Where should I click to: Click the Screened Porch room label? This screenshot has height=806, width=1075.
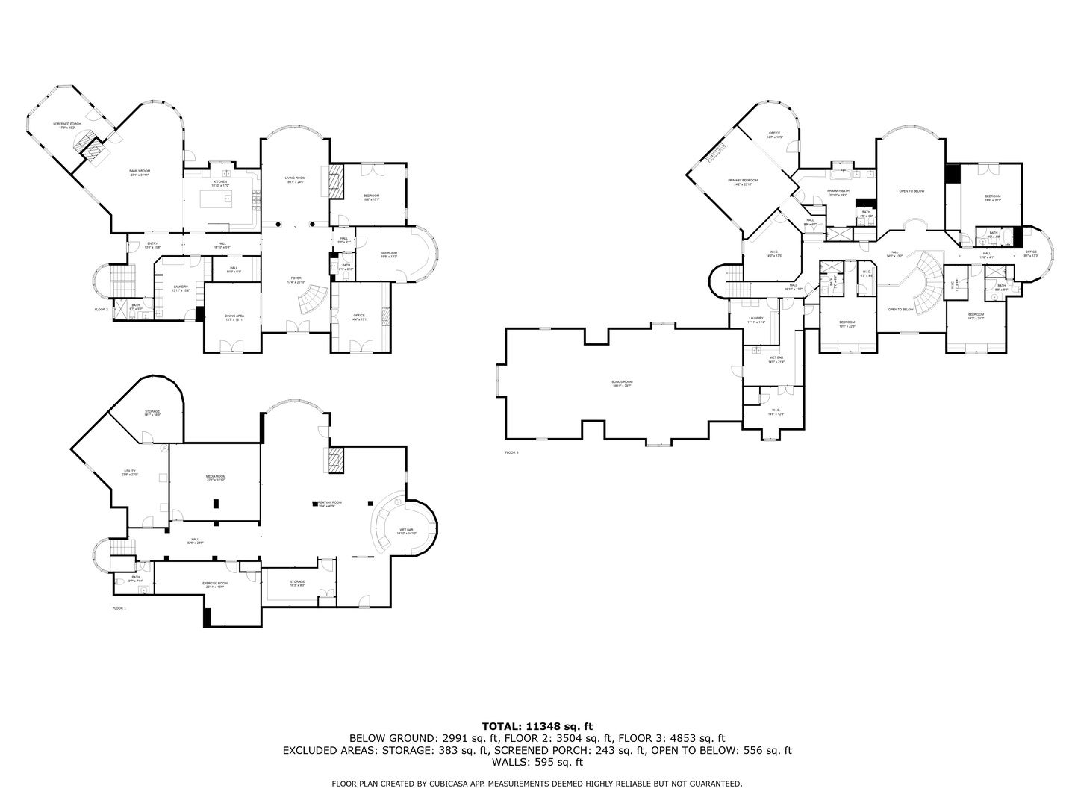tap(66, 125)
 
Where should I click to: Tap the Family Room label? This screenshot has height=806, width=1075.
tap(140, 173)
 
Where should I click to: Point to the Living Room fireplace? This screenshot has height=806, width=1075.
tap(335, 181)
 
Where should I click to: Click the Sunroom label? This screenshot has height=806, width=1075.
tap(389, 254)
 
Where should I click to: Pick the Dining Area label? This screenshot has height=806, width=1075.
tap(234, 317)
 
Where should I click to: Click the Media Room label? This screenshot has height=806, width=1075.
tap(216, 478)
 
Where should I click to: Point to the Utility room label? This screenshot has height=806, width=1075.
tap(130, 472)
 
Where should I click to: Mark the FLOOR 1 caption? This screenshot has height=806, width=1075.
tap(119, 609)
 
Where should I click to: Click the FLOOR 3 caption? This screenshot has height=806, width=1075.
tap(511, 453)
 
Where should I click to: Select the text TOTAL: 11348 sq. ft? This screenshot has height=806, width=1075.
tap(537, 725)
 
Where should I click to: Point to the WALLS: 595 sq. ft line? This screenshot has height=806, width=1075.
tap(537, 762)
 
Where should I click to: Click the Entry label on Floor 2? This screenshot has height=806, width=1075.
tap(152, 244)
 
